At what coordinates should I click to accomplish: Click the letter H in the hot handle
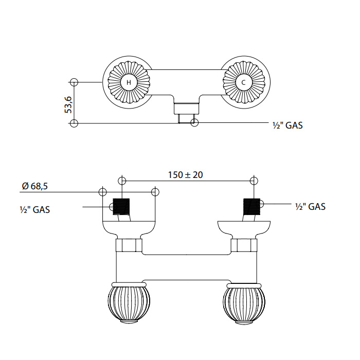tap(129, 82)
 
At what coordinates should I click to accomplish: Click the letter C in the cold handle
tap(244, 82)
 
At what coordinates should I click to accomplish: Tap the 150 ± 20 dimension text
tap(185, 175)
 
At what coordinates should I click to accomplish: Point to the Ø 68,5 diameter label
tap(35, 186)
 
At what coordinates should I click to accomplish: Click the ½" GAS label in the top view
tap(287, 125)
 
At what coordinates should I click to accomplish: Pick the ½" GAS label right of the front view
tap(311, 207)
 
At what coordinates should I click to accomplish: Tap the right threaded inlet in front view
tap(252, 207)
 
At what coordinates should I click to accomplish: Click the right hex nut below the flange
tap(244, 245)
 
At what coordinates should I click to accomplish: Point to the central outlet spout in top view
tap(186, 109)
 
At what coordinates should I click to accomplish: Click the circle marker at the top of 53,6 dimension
tap(74, 82)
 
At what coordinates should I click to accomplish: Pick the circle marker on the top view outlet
tap(194, 122)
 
